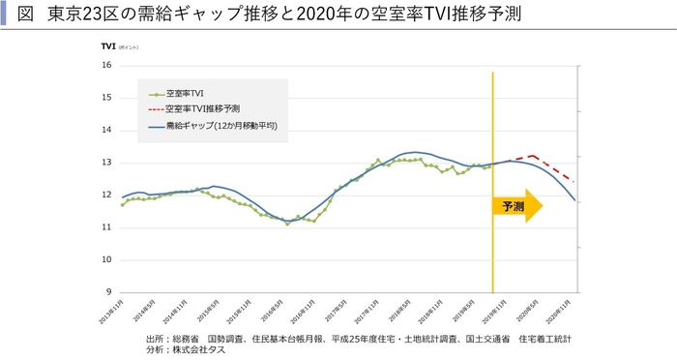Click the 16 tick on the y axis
(x=106, y=65)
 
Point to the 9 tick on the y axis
(x=108, y=292)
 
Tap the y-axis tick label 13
(x=106, y=163)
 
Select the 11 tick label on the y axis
(x=106, y=227)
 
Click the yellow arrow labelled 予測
(x=517, y=206)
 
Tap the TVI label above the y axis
(x=107, y=46)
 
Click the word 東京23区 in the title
(x=76, y=15)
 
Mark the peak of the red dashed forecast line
(x=532, y=155)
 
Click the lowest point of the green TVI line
(x=288, y=224)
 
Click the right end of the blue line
(x=575, y=200)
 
